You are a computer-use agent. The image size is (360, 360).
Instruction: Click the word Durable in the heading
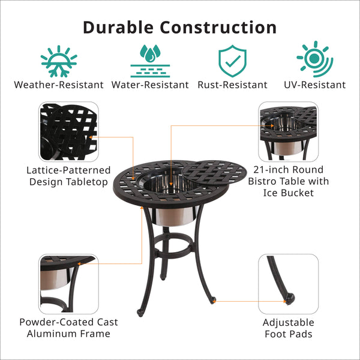[118, 28]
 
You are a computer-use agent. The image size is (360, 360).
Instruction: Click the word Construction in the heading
[218, 28]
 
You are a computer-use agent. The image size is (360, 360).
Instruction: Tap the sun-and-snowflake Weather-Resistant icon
[59, 61]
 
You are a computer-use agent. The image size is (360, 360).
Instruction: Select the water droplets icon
[150, 61]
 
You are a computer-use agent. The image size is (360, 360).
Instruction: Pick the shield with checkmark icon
[232, 61]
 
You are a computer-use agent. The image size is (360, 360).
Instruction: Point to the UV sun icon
[315, 59]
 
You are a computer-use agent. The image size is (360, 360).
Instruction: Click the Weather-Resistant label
[59, 85]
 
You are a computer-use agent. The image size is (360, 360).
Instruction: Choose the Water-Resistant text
[150, 85]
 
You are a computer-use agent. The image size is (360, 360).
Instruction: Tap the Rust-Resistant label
[232, 85]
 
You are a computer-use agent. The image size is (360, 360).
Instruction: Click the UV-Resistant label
[315, 85]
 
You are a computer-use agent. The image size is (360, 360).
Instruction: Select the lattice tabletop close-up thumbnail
[68, 132]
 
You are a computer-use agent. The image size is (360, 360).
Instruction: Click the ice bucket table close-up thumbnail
[289, 132]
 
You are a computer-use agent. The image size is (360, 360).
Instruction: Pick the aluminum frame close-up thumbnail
[68, 284]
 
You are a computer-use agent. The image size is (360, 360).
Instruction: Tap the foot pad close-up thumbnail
[289, 284]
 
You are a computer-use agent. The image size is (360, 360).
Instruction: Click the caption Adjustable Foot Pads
[289, 328]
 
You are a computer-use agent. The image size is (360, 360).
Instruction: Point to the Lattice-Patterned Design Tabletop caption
[68, 176]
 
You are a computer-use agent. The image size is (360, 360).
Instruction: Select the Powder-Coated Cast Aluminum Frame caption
[68, 328]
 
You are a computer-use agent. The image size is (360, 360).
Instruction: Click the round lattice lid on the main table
[214, 173]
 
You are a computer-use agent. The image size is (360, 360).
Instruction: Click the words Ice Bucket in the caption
[289, 193]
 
